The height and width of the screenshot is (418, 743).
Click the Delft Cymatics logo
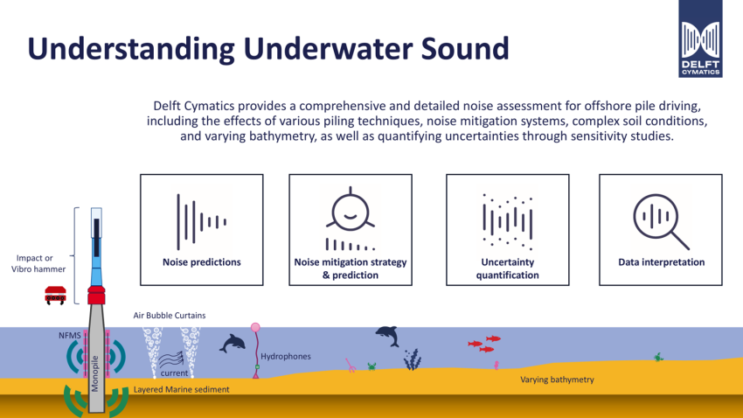tap(700, 38)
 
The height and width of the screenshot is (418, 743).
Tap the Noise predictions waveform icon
tap(201, 221)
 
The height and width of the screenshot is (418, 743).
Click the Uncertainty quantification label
tap(508, 268)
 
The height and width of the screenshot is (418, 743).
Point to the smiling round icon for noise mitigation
tap(351, 211)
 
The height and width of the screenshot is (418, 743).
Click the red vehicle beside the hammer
tap(55, 295)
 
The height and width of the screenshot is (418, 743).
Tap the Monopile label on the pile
tap(95, 374)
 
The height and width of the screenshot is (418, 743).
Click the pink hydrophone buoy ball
tap(255, 327)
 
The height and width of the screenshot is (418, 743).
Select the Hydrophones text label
tap(286, 357)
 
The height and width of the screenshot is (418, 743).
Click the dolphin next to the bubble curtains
tap(233, 343)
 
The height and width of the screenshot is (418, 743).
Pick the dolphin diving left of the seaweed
tap(387, 336)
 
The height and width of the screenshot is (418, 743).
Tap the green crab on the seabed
tap(372, 366)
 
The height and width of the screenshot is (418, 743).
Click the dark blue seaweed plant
tap(413, 359)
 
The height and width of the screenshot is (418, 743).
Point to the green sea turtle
tap(658, 357)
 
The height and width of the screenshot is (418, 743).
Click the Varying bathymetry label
tap(557, 380)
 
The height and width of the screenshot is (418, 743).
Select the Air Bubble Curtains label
tap(170, 315)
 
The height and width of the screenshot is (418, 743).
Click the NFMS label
tap(70, 336)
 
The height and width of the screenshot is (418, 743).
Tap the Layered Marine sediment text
tap(181, 389)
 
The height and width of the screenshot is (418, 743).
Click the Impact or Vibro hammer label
tap(38, 263)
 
